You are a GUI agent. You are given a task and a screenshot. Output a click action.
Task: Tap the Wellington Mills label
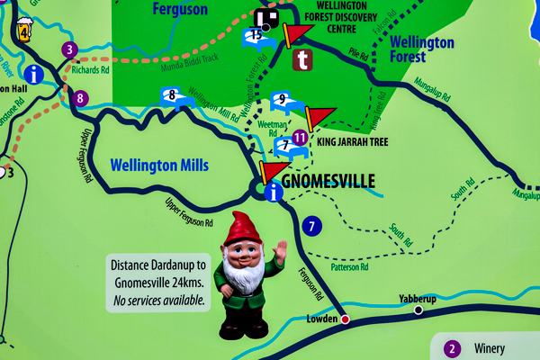click(x=158, y=166)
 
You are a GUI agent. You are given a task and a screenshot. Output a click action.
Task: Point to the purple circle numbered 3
click(x=70, y=49)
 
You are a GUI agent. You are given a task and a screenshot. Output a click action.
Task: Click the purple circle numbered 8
click(x=81, y=98)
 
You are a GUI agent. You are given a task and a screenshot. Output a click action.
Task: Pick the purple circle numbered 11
click(x=300, y=137)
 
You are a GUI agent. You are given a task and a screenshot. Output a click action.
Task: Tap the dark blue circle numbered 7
click(x=311, y=226)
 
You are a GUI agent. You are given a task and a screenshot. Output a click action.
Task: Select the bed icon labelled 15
click(x=256, y=38)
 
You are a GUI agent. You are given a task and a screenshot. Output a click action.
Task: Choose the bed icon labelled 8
click(x=177, y=96)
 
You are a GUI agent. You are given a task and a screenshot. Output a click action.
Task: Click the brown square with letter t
click(x=304, y=59)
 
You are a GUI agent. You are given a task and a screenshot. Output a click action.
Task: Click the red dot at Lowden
click(x=345, y=319)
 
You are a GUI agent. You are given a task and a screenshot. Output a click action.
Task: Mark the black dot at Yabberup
click(x=418, y=310)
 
